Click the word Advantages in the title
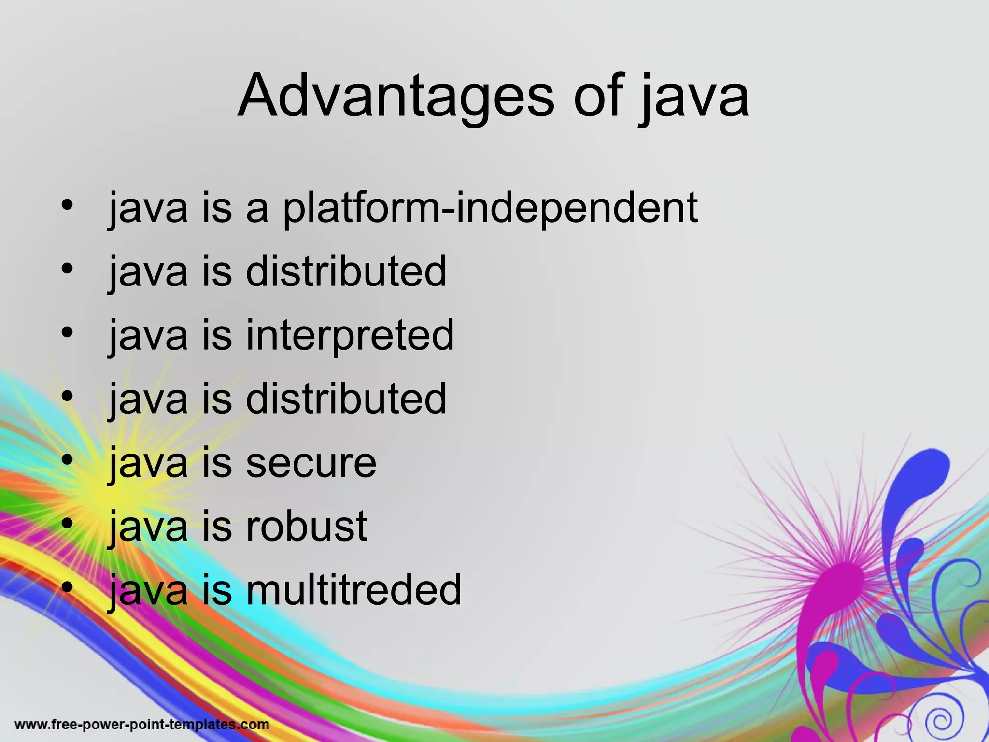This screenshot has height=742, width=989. [x=396, y=97]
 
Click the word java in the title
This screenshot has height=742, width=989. [x=694, y=97]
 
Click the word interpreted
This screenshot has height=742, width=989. [x=350, y=336]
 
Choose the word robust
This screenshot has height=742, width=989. [x=307, y=527]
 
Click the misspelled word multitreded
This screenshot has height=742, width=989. [x=353, y=590]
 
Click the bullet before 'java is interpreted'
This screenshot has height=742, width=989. [x=67, y=332]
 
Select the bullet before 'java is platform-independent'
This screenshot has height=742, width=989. [x=67, y=205]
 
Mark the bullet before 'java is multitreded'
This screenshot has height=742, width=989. [x=67, y=586]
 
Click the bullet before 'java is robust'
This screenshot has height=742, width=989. [x=67, y=523]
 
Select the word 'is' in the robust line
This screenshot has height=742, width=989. [x=217, y=527]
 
